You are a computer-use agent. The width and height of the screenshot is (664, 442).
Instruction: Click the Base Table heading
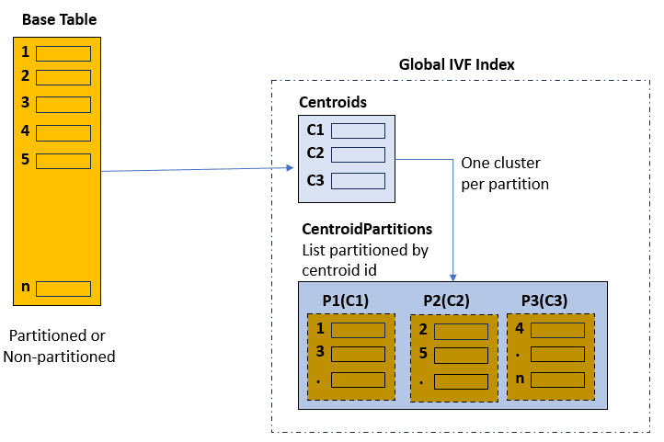[x=59, y=19]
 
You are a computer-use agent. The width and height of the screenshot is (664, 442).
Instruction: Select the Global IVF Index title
[x=456, y=64]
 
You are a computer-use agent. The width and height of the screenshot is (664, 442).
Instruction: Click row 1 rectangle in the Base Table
[x=63, y=53]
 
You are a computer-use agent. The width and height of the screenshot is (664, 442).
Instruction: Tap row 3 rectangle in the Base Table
[x=63, y=104]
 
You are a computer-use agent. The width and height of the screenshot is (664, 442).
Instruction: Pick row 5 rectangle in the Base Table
[x=63, y=161]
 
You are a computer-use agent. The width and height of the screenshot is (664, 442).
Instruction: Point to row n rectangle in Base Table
[x=63, y=289]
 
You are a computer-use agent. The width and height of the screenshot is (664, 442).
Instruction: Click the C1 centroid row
[x=358, y=130]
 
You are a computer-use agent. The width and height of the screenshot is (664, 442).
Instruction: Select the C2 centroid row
[x=358, y=153]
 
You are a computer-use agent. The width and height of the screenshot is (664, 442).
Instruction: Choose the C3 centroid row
[x=358, y=181]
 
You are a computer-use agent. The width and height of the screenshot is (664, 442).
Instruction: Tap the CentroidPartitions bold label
[x=367, y=228]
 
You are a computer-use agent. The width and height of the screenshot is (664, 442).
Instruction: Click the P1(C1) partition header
[x=345, y=300]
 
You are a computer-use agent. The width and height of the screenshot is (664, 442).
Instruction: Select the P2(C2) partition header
[x=448, y=300]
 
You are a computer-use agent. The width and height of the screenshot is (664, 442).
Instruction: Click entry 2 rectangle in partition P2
[x=461, y=331]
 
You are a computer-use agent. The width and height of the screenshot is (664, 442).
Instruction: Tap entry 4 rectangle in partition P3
[x=557, y=329]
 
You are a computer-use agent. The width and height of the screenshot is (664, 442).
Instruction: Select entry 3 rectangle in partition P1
[x=358, y=354]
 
